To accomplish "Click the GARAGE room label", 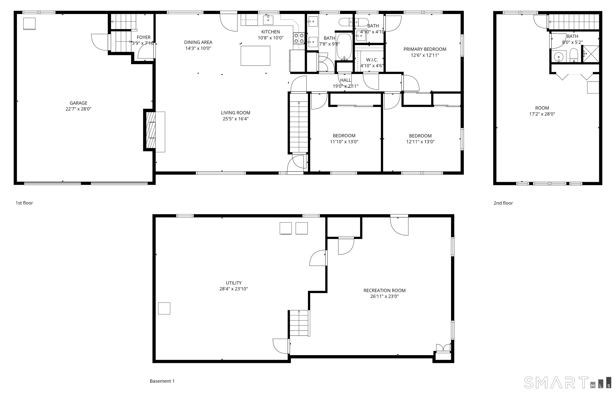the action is tap(79, 103).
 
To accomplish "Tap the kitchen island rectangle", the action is tap(255, 56).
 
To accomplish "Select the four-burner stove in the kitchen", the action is tap(299, 38).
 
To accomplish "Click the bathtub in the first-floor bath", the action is tap(344, 46).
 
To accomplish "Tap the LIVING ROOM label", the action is tap(236, 113).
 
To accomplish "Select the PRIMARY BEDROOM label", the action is tap(425, 49).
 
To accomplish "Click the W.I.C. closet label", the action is tap(372, 60).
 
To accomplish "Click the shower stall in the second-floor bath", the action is tap(591, 54).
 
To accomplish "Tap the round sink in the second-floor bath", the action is tap(558, 57).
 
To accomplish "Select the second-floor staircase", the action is tap(574, 22).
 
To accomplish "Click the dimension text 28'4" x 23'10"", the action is tap(234, 289).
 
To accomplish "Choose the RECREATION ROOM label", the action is tap(384, 290).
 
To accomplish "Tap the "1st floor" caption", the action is tap(24, 203).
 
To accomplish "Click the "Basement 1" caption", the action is tap(162, 381).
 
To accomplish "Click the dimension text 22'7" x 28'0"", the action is tap(79, 109).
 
